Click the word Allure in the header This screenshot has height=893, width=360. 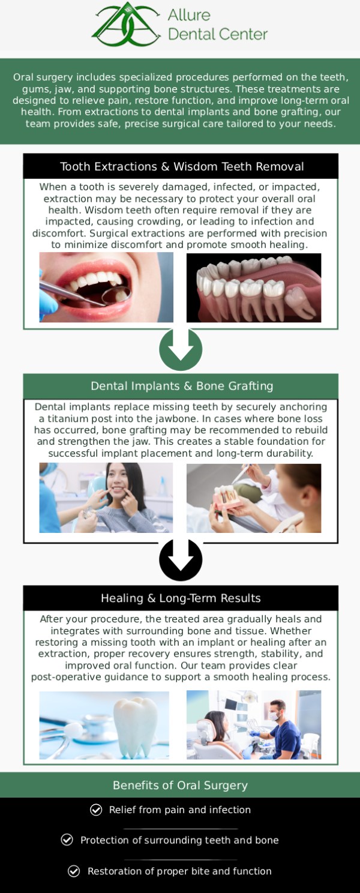pos(189,15)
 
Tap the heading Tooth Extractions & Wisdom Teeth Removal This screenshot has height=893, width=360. pos(182,166)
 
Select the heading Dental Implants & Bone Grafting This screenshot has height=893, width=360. pos(182,386)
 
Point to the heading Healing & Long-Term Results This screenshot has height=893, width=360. pos(181,598)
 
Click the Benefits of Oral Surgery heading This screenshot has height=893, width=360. pos(180,785)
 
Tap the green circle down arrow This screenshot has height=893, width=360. pos(181,349)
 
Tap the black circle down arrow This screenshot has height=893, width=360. pos(181,560)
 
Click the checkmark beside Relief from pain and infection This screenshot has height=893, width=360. pos(96,810)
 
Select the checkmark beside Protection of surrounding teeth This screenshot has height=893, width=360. pos(67,840)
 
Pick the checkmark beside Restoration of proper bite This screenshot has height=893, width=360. pos(74,871)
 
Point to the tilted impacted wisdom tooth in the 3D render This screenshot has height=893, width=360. pos(302,300)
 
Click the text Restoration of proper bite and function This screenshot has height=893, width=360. pos(179,871)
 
